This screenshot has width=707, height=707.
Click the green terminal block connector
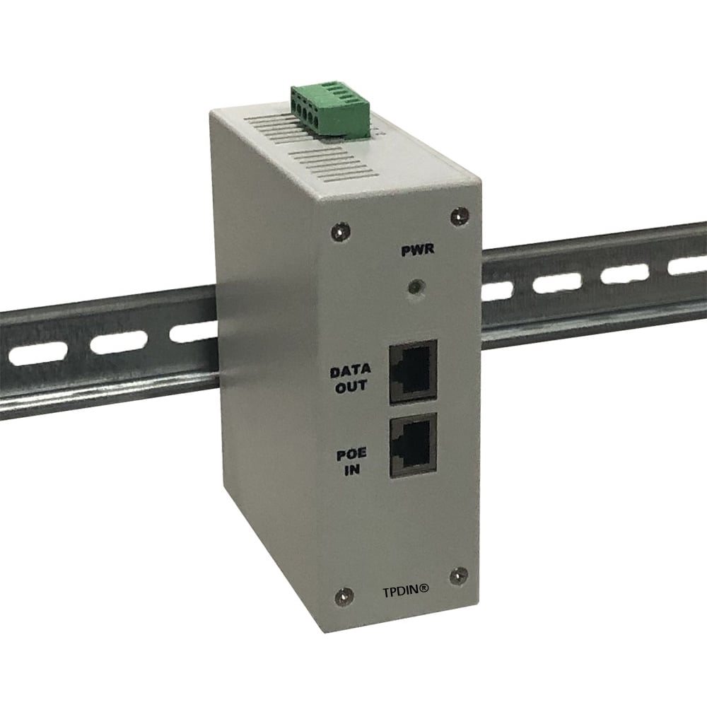coord(329,110)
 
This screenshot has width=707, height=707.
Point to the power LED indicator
coord(416,287)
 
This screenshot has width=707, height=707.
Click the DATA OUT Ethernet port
coord(414,370)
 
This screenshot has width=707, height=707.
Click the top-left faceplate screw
coord(343,229)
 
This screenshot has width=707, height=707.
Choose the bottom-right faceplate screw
coord(458,576)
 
